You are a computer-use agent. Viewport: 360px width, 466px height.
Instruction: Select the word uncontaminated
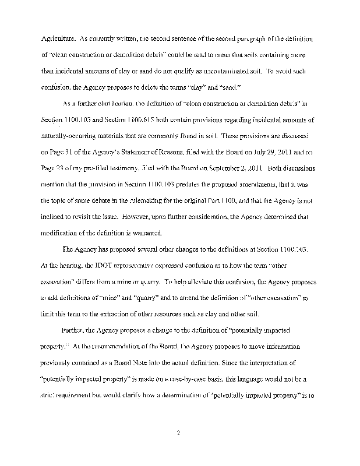coord(224,71)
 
